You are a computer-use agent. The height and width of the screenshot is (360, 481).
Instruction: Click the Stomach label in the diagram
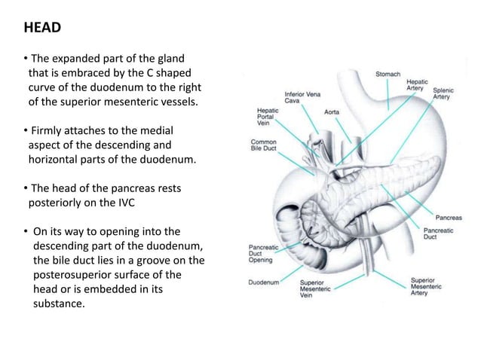389,75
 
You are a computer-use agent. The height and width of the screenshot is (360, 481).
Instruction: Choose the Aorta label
331,111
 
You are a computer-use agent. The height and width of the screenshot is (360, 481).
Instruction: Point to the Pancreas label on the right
449,217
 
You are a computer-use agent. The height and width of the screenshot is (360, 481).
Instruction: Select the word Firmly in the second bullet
44,131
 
